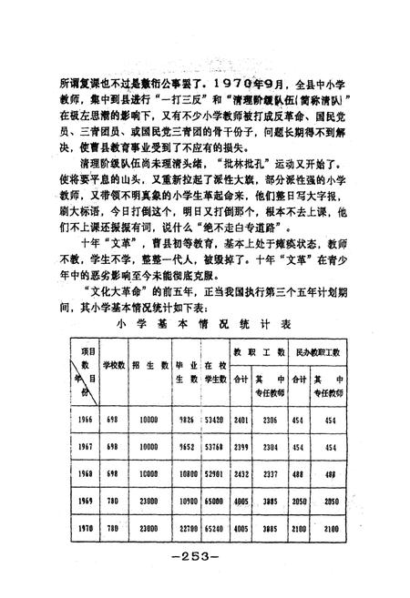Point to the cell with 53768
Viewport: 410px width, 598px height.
tap(215, 447)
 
